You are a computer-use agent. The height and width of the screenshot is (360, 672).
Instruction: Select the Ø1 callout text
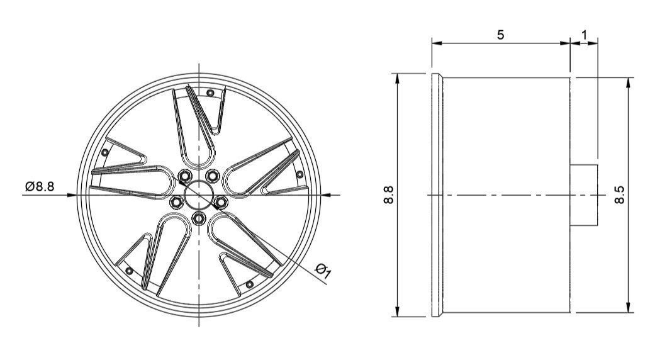point(323,271)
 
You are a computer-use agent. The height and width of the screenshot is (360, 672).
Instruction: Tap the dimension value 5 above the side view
point(500,35)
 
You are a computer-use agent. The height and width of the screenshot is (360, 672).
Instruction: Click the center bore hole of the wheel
point(199,195)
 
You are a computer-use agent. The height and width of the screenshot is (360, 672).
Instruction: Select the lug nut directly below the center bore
point(199,218)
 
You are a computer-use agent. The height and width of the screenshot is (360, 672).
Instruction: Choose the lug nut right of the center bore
point(221,202)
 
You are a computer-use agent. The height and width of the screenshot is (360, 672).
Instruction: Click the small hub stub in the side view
point(584,195)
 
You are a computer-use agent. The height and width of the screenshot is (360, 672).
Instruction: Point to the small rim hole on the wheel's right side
point(300,174)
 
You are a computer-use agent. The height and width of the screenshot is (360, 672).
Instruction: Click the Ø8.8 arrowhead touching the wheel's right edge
point(325,195)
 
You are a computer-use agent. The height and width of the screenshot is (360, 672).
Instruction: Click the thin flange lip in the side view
point(435,195)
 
